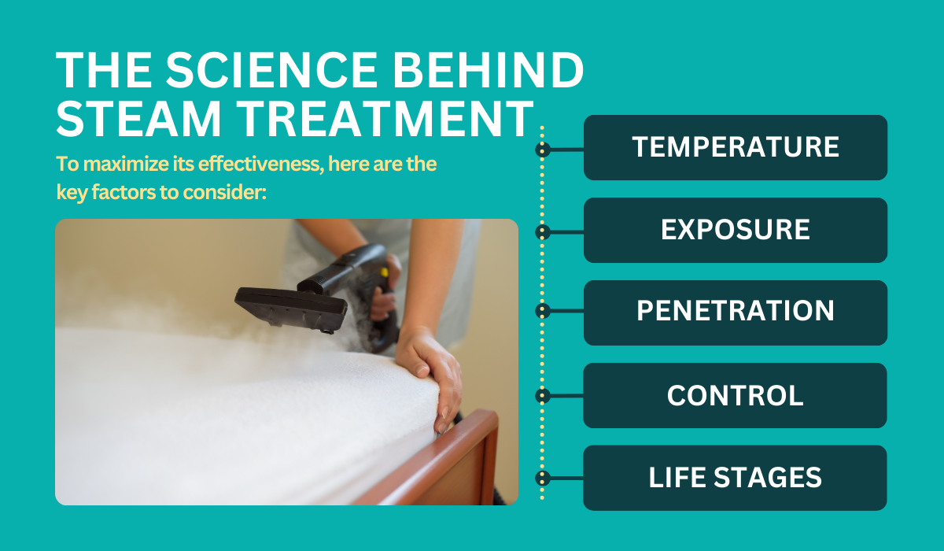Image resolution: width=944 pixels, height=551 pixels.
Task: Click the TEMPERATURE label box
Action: click(736, 147)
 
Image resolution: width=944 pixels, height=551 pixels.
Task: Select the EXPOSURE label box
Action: click(736, 230)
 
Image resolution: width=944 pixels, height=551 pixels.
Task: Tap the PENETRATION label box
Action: click(736, 312)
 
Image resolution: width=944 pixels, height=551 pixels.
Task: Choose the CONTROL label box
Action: click(736, 395)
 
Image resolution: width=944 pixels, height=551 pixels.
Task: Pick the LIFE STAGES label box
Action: click(736, 478)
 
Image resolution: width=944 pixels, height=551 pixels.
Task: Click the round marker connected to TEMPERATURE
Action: click(542, 149)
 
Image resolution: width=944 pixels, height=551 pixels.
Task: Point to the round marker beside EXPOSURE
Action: click(542, 231)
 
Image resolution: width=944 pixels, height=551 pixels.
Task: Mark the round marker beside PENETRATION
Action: click(542, 312)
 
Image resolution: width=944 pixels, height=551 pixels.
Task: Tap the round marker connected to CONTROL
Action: click(542, 396)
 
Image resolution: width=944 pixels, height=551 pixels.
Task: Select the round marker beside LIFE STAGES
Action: click(542, 478)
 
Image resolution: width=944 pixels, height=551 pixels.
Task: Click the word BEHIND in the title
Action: click(507, 71)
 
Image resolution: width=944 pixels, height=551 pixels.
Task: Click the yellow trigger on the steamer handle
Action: click(384, 272)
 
